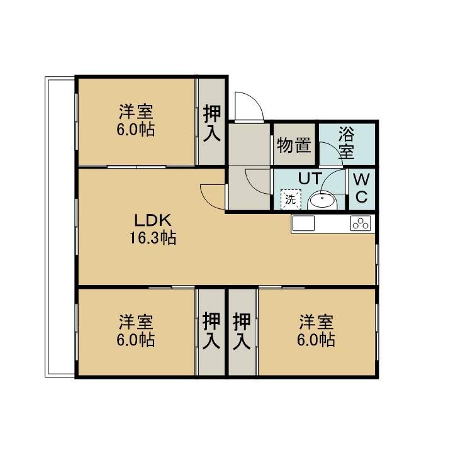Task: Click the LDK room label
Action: (x=153, y=220)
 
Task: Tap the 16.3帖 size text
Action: (x=152, y=238)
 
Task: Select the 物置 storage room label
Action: (x=294, y=145)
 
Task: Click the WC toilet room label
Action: (x=361, y=188)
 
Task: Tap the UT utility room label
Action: (x=310, y=178)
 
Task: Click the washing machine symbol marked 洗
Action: (x=291, y=199)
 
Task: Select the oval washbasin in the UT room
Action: (x=322, y=201)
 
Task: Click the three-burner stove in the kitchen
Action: (x=361, y=223)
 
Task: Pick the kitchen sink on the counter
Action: (x=303, y=223)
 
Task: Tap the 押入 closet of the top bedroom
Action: (x=212, y=123)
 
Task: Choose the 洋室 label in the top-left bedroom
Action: (x=136, y=111)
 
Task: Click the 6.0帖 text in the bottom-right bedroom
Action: (x=316, y=340)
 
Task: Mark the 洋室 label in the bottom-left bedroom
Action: (x=136, y=322)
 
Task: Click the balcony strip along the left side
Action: (x=60, y=226)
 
